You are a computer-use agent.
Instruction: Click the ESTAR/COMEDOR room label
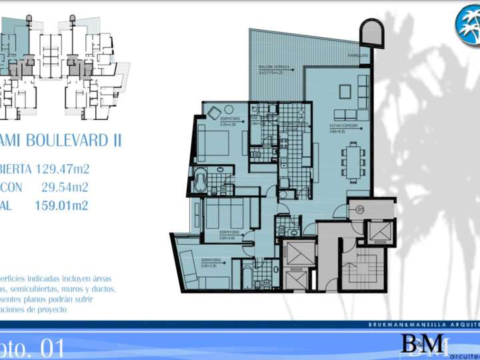pyautogui.click(x=343, y=125)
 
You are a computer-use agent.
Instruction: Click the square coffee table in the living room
pyautogui.click(x=346, y=90)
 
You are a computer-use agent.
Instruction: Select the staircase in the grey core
pyautogui.click(x=359, y=267)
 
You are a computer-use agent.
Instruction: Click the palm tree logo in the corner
pyautogui.click(x=468, y=23)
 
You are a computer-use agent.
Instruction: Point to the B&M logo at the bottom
pyautogui.click(x=422, y=344)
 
